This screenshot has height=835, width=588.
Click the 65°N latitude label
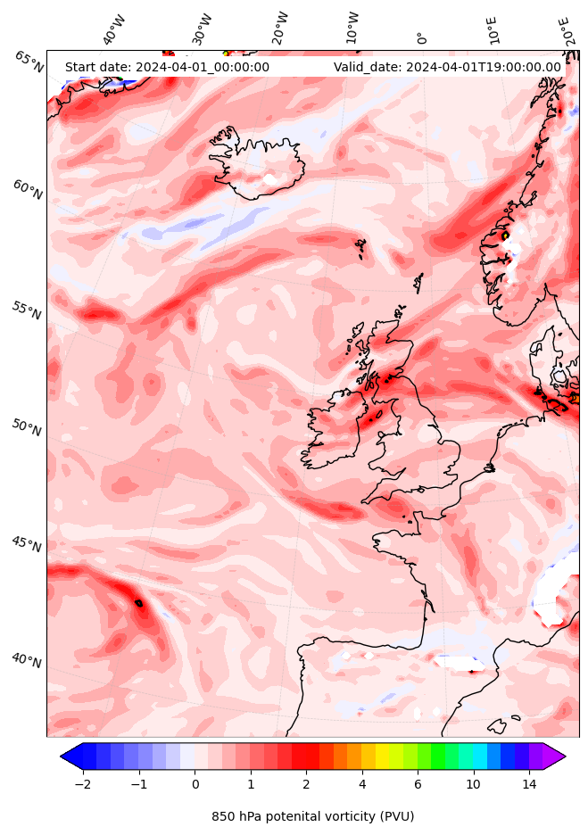tap(29, 62)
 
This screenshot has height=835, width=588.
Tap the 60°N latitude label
tap(28, 191)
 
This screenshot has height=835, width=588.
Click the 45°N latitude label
tap(27, 543)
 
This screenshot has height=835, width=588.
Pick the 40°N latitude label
tap(27, 660)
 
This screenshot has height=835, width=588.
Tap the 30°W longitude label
tap(202, 29)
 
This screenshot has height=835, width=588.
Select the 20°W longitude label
tap(279, 29)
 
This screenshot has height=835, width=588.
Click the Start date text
tap(167, 67)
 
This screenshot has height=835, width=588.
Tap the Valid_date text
tap(447, 67)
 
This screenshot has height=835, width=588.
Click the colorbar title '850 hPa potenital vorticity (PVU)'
tap(312, 816)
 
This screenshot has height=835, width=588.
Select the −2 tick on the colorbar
tap(82, 784)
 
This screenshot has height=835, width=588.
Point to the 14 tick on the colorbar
tap(529, 784)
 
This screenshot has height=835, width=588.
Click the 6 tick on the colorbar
tap(417, 784)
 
